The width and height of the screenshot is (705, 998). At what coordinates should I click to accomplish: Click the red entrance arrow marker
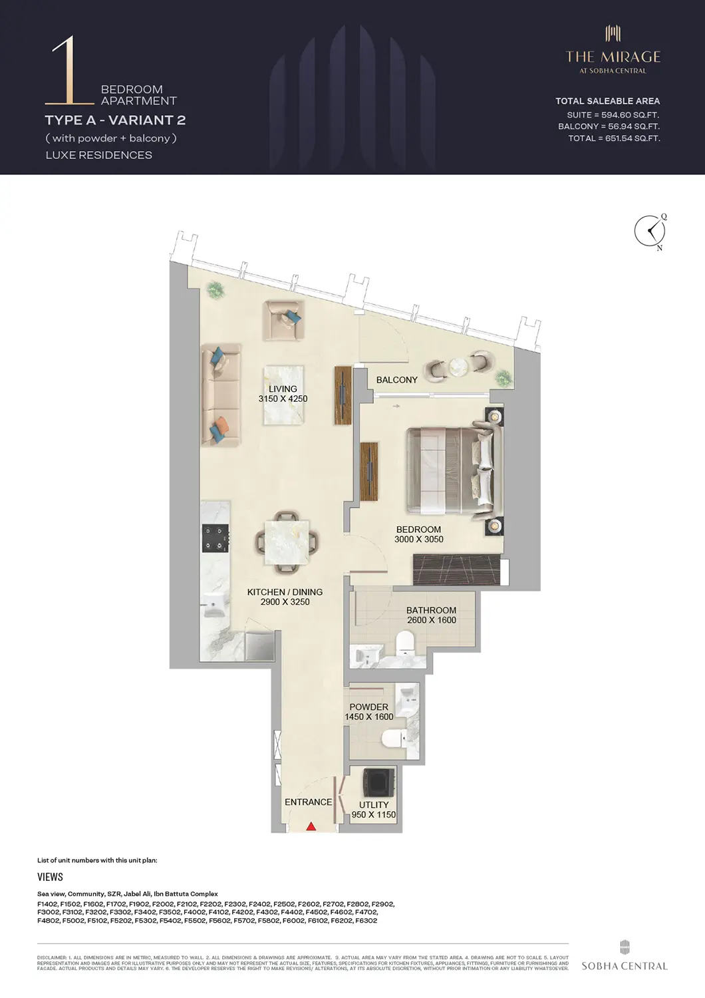tap(311, 826)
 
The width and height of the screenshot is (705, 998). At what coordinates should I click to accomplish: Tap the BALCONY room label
tap(396, 380)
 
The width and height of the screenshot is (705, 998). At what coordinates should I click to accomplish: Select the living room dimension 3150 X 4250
tap(283, 399)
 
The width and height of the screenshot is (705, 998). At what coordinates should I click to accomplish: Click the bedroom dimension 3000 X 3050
tap(418, 540)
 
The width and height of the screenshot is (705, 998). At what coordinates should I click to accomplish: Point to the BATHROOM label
tap(431, 610)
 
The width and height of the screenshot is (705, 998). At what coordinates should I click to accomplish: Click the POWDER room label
tap(368, 707)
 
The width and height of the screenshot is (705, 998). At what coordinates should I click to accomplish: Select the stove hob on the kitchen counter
tap(215, 538)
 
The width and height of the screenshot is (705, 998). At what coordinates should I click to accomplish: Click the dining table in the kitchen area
tap(287, 542)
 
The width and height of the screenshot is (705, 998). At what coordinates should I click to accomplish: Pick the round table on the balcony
tap(459, 367)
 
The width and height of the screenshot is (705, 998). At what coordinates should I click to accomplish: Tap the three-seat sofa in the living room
tap(221, 395)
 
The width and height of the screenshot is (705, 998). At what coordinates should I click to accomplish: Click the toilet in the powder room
tap(395, 739)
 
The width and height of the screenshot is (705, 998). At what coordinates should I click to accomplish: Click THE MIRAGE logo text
tap(613, 57)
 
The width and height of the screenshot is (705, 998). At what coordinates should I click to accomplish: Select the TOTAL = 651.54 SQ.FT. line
tap(613, 138)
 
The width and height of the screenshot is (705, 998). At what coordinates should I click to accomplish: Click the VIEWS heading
tap(50, 877)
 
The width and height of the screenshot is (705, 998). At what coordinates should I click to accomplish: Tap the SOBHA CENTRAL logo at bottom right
tap(624, 957)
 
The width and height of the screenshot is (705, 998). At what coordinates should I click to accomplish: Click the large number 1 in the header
tap(67, 71)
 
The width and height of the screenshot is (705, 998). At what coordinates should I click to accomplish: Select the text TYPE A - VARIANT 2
tap(115, 120)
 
